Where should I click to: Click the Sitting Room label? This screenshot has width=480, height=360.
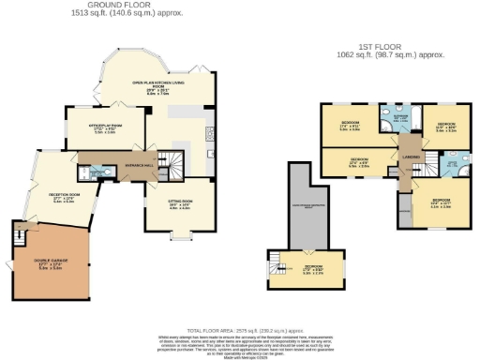178,204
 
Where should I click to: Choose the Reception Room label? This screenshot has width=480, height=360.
58,198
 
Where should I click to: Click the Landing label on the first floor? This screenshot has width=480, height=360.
409,157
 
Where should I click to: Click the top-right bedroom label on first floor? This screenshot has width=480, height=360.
444,127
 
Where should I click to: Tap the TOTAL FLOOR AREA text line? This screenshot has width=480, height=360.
239,332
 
